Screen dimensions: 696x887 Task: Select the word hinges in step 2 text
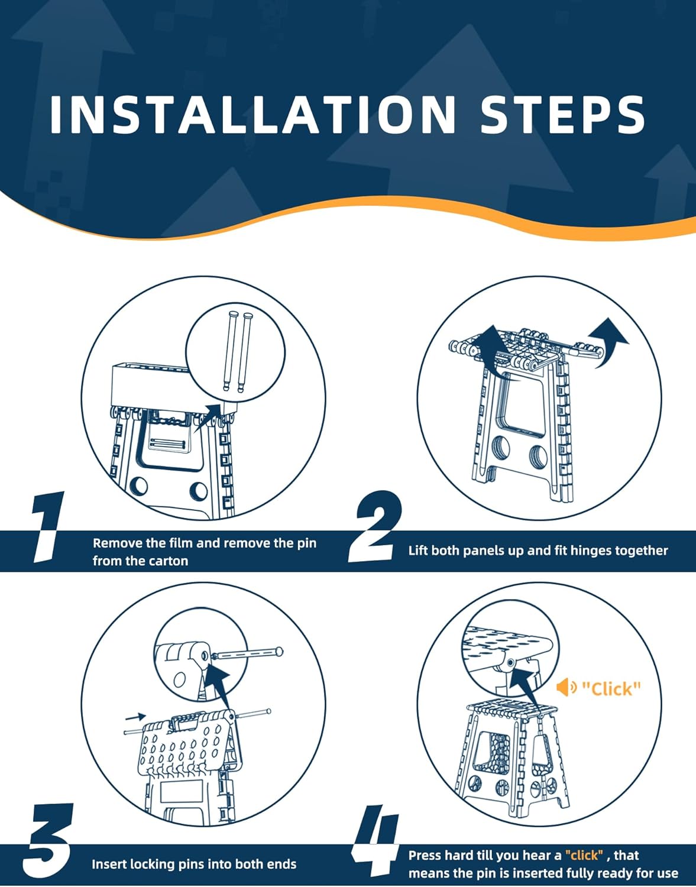(x=591, y=551)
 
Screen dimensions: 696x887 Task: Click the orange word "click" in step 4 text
(x=584, y=854)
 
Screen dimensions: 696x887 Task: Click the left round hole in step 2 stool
(x=500, y=448)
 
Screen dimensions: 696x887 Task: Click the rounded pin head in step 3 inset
(x=280, y=651)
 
